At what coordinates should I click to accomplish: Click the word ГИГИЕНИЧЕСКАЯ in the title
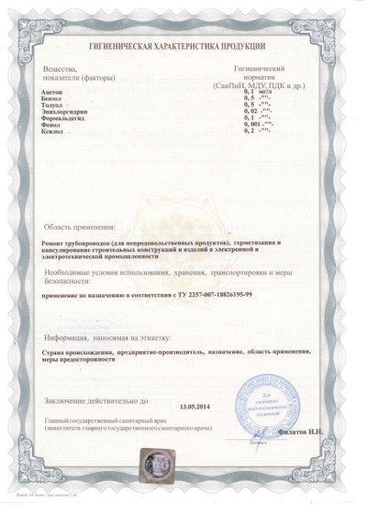(125, 45)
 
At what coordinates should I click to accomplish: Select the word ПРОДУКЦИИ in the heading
(239, 45)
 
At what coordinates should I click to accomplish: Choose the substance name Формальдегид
(61, 118)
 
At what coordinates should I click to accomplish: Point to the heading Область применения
(80, 226)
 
